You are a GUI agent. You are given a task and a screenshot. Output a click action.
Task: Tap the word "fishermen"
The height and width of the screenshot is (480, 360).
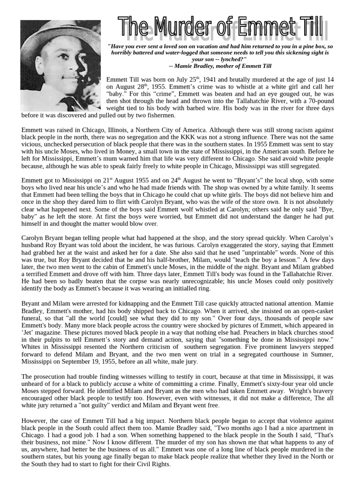[160, 115]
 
